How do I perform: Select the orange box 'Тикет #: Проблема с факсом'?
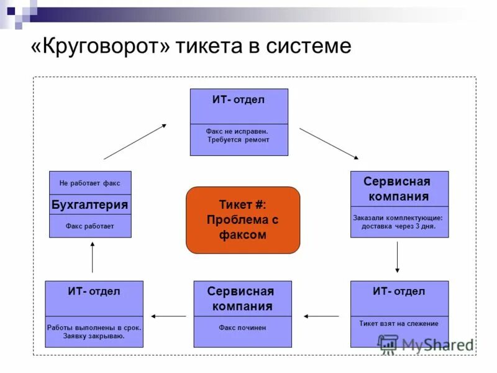243,220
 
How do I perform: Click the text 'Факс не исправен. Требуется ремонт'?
239,136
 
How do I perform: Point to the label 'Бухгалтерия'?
90,205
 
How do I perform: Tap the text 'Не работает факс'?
90,183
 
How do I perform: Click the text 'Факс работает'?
90,226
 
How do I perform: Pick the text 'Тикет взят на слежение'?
399,323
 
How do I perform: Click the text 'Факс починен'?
242,328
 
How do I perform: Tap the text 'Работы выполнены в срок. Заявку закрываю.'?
94,331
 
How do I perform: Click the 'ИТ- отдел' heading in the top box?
239,100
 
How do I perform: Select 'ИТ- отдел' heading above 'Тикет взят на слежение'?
399,292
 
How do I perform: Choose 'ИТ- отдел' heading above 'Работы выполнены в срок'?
94,292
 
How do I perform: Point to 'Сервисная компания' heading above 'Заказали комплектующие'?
398,189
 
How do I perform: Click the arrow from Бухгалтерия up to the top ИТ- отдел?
135,142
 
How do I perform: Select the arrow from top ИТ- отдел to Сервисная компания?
329,144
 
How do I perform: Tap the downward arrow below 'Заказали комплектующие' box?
398,258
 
